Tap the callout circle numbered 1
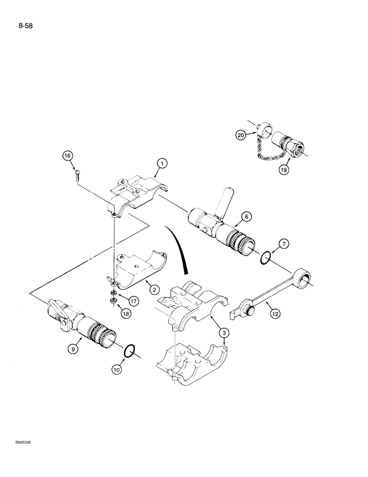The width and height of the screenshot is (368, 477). tap(162, 164)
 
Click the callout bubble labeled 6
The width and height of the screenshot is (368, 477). tap(246, 217)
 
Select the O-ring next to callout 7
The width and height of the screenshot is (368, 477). tap(267, 259)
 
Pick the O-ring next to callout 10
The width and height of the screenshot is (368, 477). tap(129, 352)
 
